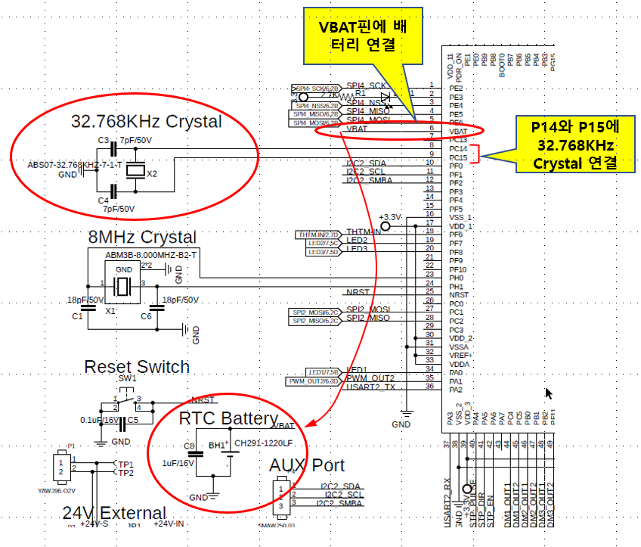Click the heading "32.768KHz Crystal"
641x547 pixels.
tap(146, 121)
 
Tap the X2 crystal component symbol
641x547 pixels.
tap(135, 172)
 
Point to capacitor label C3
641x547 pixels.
tap(104, 140)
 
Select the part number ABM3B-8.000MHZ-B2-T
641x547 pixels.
tap(151, 255)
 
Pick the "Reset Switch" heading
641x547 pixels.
tap(137, 367)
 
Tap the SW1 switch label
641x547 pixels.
tap(127, 378)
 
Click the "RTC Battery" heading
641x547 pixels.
tap(228, 418)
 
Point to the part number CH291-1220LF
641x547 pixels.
tap(263, 443)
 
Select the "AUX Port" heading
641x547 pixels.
tap(307, 465)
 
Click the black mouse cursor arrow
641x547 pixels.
tap(550, 393)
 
